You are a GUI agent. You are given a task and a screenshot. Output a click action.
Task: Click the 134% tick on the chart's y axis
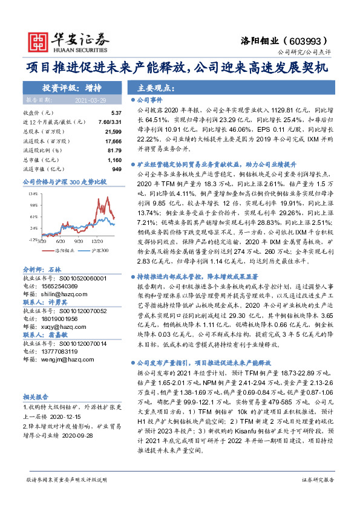[33, 193]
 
